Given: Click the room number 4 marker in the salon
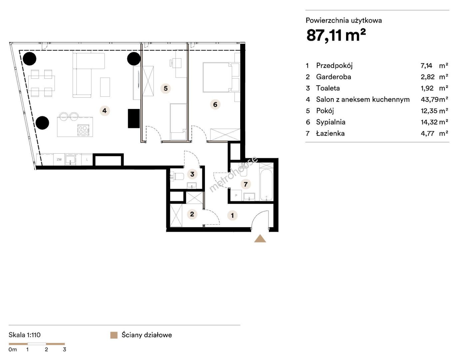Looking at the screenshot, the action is [x=105, y=111].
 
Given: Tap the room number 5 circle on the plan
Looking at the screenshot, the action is [x=166, y=88].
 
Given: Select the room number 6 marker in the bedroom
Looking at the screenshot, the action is [x=215, y=104].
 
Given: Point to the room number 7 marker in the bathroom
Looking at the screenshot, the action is [x=245, y=184].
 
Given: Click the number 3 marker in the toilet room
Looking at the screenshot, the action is [x=192, y=174].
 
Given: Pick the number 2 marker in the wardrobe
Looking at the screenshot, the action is [x=192, y=214].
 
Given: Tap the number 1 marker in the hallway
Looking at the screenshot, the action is [x=232, y=215].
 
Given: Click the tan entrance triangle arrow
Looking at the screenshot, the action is [x=260, y=239].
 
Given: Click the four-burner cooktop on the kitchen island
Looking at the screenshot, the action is [x=83, y=130].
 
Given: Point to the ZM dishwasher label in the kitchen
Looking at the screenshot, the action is [x=59, y=159].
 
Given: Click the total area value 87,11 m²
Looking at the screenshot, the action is [x=336, y=35].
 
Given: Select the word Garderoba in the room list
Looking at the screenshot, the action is [x=333, y=77].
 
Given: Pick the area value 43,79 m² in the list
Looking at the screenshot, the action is [x=434, y=99].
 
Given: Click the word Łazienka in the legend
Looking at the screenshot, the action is [x=330, y=133].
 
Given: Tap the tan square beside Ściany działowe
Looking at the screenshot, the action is [x=114, y=335].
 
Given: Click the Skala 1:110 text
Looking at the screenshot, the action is [x=25, y=335].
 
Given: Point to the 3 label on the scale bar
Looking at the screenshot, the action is [x=64, y=350].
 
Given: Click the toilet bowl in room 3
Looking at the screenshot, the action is [x=178, y=177].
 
